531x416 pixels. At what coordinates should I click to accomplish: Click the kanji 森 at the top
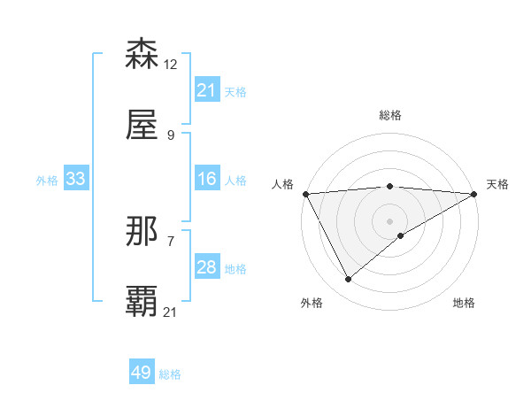pos(142,54)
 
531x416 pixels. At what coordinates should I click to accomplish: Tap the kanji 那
pos(142,231)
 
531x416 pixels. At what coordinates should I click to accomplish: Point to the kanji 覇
pos(142,302)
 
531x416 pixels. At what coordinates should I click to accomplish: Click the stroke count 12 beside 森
pos(171,64)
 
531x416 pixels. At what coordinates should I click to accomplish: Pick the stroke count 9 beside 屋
pos(170,135)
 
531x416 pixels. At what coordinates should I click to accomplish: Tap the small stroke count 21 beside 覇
pos(171,312)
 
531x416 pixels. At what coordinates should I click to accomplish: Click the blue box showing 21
pos(206,90)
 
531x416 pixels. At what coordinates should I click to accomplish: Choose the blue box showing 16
pos(206,179)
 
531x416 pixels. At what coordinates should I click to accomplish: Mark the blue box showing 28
pos(206,267)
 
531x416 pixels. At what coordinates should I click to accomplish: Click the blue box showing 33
pos(75,179)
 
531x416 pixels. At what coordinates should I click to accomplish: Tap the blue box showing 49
pos(141,373)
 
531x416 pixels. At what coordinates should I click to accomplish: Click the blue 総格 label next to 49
pos(170,374)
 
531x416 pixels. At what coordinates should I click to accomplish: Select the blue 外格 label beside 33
pos(47,181)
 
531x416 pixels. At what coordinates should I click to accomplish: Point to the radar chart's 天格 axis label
pos(497,184)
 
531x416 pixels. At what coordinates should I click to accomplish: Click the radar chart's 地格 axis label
pos(464,303)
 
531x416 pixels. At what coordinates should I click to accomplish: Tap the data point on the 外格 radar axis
pos(348,280)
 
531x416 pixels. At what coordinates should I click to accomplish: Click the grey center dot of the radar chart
pos(389,220)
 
